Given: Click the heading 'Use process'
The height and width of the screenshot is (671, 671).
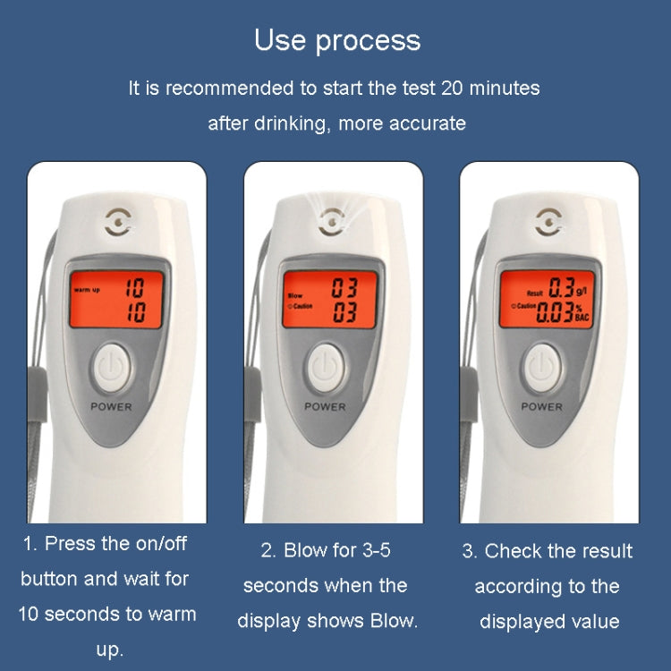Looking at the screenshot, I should click(x=336, y=40).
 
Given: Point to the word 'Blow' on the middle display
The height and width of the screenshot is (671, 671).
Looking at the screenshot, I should click(x=294, y=294).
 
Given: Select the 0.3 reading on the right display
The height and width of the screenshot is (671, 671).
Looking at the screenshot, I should click(x=561, y=287).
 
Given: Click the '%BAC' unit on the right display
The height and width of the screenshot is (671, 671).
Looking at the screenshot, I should click(x=582, y=312).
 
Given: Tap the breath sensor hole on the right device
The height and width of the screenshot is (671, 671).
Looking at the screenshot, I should click(x=548, y=219).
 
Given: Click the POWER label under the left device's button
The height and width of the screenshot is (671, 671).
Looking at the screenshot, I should click(x=110, y=406).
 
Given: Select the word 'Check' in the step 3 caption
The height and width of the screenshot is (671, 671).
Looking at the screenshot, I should click(x=513, y=551).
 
